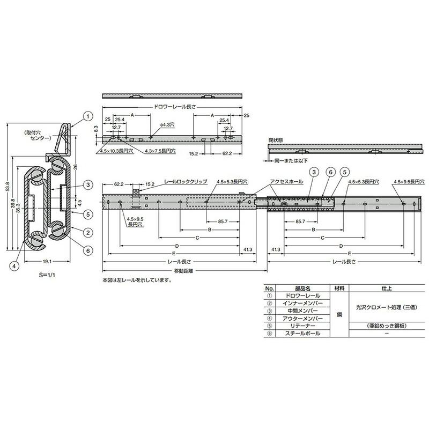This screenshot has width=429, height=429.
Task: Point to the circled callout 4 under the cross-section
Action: click(17, 264)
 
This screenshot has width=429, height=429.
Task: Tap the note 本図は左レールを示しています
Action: click(136, 280)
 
